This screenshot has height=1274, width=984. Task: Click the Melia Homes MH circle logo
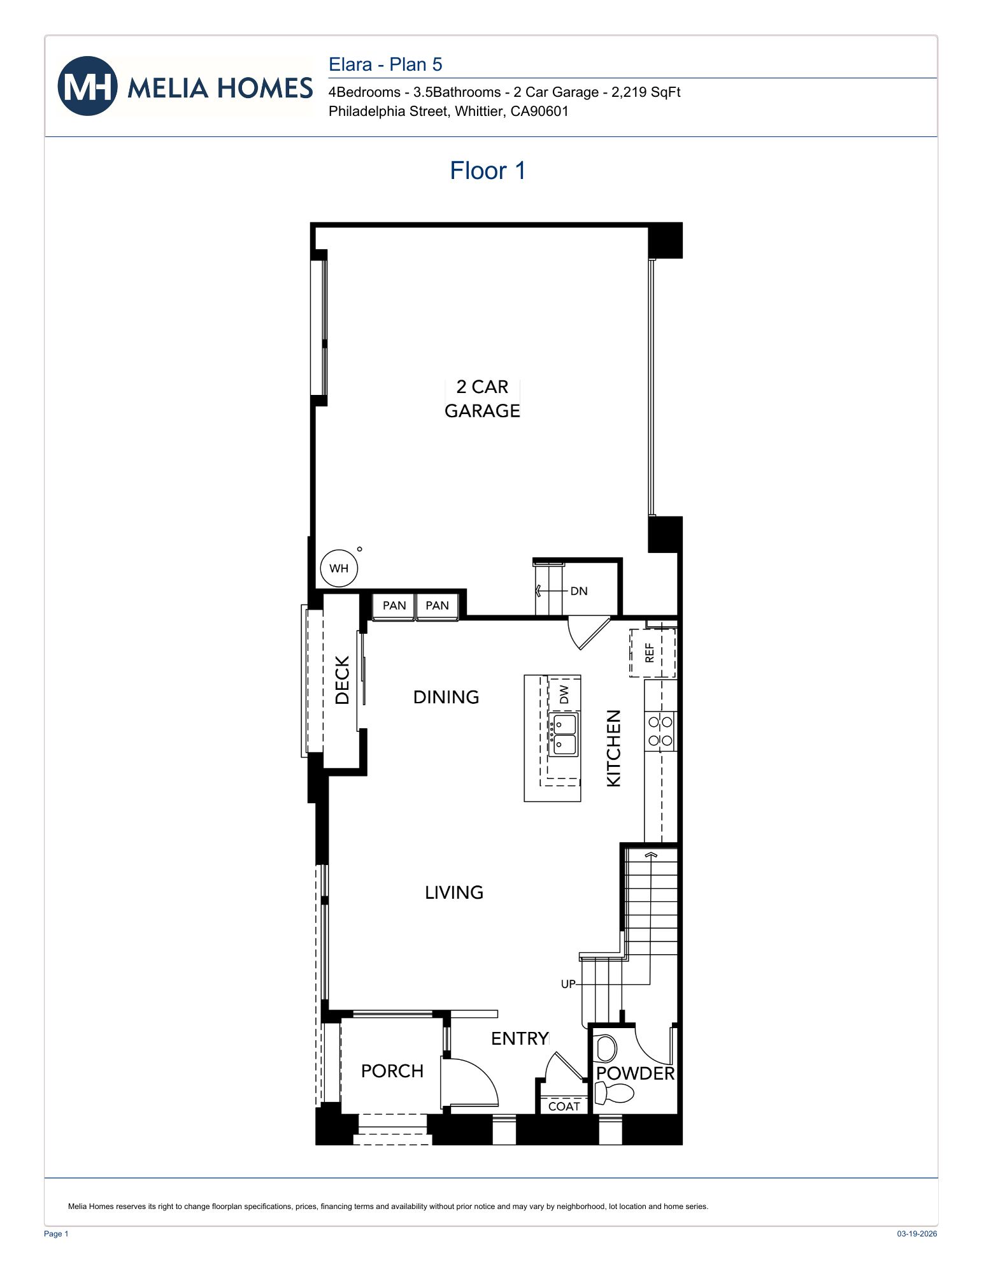tap(87, 86)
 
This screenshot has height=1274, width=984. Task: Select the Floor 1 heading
tap(487, 171)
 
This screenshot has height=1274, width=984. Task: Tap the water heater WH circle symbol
tap(339, 568)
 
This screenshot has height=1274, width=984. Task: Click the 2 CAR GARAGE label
tap(482, 399)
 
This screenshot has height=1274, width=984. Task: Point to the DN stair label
tap(578, 591)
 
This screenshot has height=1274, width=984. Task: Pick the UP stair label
tap(567, 984)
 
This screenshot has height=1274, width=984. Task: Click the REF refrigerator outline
tap(652, 652)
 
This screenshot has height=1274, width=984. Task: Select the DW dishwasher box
tap(564, 694)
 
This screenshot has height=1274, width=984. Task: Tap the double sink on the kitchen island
tap(564, 734)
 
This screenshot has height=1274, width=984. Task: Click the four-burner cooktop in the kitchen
tap(660, 731)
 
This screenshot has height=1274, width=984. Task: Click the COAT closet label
tap(564, 1106)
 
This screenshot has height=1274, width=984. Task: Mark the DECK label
tap(343, 680)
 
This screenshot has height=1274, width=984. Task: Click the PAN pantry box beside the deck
tap(394, 606)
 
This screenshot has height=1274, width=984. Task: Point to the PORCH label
tap(392, 1071)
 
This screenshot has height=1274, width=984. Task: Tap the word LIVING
tap(454, 892)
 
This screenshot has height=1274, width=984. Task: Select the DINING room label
tap(446, 698)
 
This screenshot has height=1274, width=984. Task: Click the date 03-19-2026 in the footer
tap(916, 1234)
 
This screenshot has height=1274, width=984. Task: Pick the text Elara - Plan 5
tap(385, 64)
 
